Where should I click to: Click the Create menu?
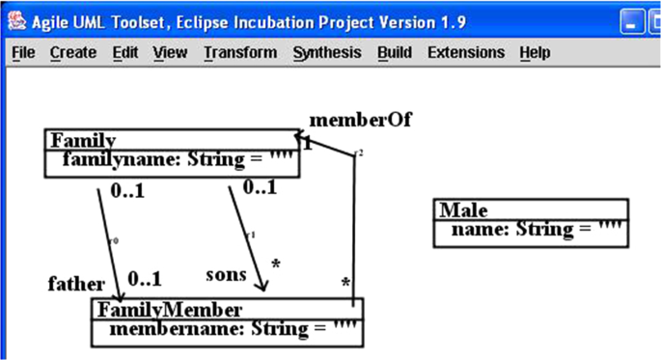(x=73, y=52)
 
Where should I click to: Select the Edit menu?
(x=125, y=52)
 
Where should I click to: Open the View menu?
(x=170, y=52)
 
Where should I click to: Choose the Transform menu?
(x=240, y=52)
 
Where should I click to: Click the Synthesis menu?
(x=327, y=52)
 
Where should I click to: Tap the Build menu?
(x=395, y=52)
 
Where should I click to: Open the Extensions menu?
(x=466, y=52)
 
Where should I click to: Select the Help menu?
(x=535, y=52)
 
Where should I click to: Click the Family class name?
(x=83, y=141)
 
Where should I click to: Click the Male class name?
(x=464, y=210)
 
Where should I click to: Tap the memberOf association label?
(x=361, y=121)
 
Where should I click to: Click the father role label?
(x=76, y=284)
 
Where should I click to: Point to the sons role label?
(x=227, y=275)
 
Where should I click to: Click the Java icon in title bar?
(x=16, y=16)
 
